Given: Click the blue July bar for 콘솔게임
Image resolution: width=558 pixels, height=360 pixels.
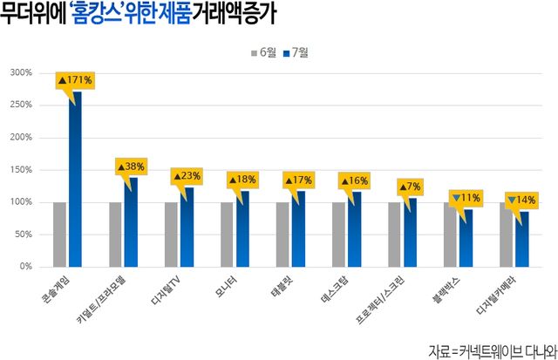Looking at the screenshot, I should click(x=76, y=179).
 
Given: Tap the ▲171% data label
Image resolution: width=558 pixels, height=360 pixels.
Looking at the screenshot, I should click(x=75, y=80).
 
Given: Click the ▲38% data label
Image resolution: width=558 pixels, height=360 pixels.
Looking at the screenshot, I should click(x=131, y=166).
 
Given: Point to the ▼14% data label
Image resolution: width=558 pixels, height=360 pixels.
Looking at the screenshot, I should click(x=521, y=200).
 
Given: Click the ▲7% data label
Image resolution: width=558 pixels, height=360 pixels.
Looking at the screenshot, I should click(x=410, y=187).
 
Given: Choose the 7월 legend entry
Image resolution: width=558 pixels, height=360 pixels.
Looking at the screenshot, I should click(x=296, y=53).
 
